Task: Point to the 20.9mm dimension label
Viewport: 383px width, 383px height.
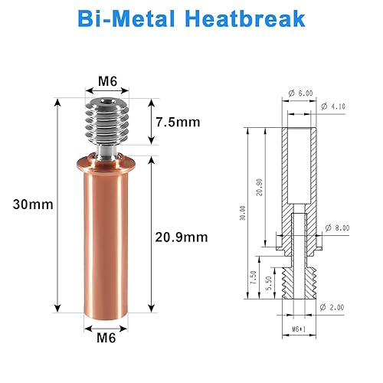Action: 184,237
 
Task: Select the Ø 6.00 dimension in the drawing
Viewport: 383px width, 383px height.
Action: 301,93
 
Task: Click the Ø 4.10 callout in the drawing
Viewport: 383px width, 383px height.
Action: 335,105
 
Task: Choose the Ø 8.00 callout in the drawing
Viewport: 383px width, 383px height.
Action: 339,228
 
